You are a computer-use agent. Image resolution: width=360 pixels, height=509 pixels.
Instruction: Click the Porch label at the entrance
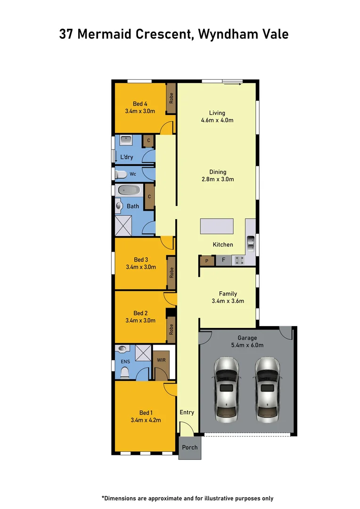click(x=190, y=447)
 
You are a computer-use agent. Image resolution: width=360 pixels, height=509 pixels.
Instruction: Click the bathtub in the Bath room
click(x=129, y=190)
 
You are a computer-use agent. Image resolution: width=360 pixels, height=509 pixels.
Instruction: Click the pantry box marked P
click(x=206, y=260)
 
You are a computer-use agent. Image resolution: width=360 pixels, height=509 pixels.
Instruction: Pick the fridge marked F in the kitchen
click(x=223, y=260)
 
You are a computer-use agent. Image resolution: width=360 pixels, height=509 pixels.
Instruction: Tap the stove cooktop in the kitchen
click(x=237, y=260)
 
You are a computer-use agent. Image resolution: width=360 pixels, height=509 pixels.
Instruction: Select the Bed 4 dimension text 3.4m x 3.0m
click(x=140, y=112)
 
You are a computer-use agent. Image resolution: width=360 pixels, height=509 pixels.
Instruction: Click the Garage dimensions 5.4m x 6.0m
click(x=247, y=345)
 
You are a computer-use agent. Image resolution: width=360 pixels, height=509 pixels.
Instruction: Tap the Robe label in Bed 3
click(x=172, y=272)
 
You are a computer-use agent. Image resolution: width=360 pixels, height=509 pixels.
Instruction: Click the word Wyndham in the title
click(x=229, y=34)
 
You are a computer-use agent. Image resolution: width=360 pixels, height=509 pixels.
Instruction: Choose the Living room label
click(x=217, y=113)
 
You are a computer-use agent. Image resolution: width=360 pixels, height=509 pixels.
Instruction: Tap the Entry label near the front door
click(x=187, y=412)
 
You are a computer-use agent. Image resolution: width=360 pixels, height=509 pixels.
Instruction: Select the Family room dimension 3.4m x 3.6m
click(x=228, y=301)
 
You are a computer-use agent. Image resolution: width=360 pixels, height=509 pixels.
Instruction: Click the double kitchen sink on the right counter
click(x=251, y=242)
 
